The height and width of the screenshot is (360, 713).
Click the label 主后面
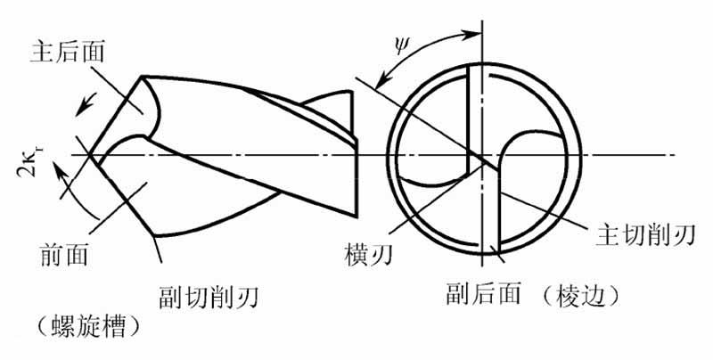pos(72,50)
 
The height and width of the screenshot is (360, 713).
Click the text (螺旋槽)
pos(86,326)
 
